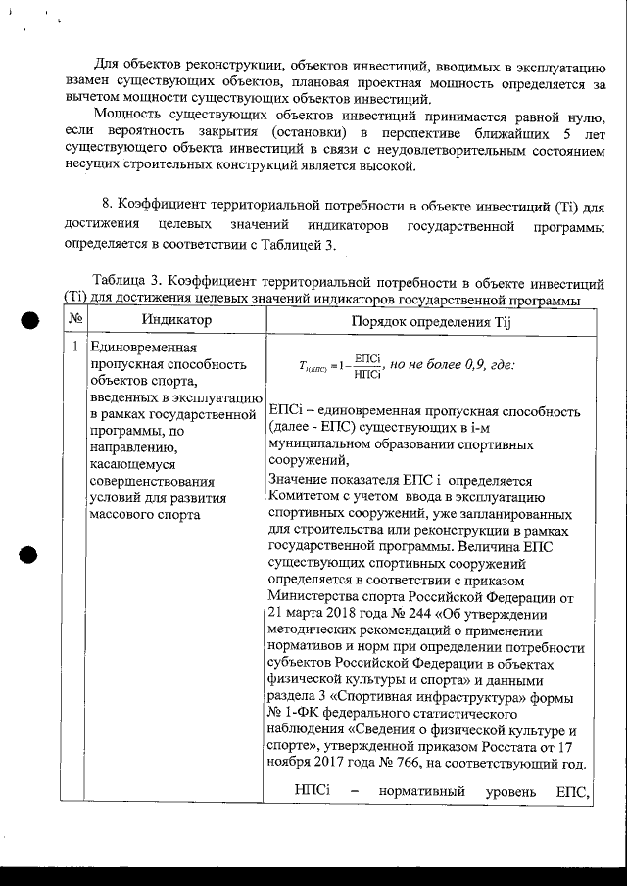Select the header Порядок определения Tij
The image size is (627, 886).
pos(432,321)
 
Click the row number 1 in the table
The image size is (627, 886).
pos(75,347)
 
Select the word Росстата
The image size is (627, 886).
pos(511,747)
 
